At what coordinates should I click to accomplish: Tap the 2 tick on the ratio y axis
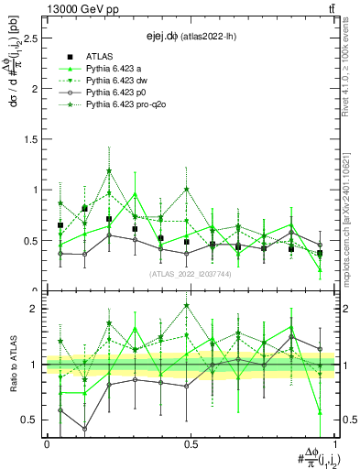point(36,309)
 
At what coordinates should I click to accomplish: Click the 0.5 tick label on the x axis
point(191,442)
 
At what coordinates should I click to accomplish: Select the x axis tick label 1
point(333,442)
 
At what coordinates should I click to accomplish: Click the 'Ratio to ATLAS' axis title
point(13,365)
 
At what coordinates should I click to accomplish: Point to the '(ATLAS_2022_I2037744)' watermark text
point(191,273)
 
